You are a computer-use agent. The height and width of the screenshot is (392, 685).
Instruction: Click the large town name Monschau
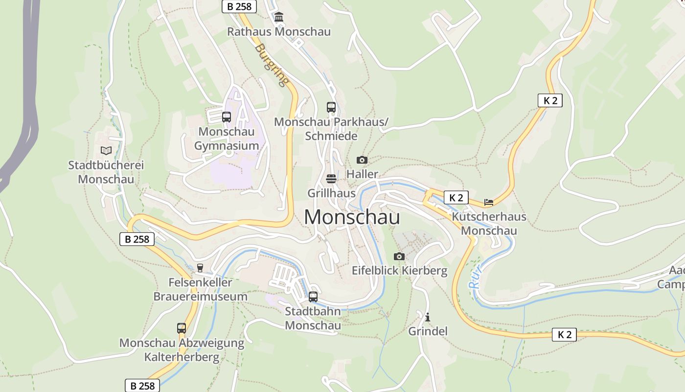(x=352, y=217)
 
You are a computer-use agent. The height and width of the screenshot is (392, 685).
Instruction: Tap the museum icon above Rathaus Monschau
(x=279, y=18)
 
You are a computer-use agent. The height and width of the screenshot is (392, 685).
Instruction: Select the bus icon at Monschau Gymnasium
(x=226, y=117)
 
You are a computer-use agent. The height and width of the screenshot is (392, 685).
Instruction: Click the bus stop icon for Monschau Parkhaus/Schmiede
(x=331, y=107)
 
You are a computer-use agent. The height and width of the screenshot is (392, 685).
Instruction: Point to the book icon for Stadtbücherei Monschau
(x=106, y=150)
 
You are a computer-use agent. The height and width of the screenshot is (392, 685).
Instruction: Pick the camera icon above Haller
(x=362, y=160)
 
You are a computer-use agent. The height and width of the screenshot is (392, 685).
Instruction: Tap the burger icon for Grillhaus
(x=331, y=179)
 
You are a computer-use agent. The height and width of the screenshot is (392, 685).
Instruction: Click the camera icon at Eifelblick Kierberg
(x=399, y=256)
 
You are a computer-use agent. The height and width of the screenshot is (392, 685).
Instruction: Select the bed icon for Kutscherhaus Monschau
(x=488, y=202)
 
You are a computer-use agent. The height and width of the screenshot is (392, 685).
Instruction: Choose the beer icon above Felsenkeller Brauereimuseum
(x=200, y=268)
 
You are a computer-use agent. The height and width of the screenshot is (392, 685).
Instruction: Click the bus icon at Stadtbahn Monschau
(x=313, y=297)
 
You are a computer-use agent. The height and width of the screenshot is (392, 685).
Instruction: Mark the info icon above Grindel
(x=428, y=317)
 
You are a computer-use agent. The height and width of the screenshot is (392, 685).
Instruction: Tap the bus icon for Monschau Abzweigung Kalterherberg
(x=182, y=328)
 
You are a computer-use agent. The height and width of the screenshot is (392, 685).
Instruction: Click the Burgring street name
(x=271, y=65)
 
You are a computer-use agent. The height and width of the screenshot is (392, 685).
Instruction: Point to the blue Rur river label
(x=475, y=276)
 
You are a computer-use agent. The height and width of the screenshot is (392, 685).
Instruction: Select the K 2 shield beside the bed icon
(x=456, y=197)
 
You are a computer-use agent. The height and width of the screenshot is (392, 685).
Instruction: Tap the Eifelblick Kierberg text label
(x=399, y=270)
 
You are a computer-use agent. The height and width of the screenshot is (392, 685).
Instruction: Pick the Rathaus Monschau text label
(x=279, y=32)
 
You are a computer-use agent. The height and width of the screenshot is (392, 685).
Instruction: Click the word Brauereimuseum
(x=200, y=296)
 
